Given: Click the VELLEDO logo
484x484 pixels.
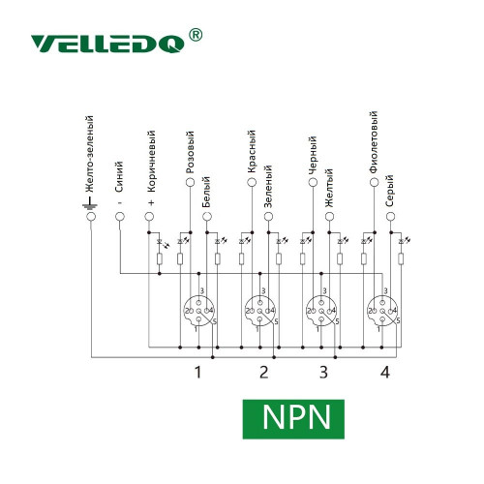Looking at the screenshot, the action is coord(107,44).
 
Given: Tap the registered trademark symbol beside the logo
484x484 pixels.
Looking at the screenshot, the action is coord(195,35).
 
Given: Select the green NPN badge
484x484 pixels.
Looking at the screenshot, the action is coord(293,419).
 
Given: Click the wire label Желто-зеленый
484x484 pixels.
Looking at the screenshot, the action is coord(89,154).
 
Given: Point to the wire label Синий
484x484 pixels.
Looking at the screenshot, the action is coord(119,177).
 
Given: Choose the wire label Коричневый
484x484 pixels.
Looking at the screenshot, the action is coord(151,162).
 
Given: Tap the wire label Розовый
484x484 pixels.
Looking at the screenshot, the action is coord(190,152).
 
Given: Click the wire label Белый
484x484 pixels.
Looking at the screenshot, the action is coord(206,192).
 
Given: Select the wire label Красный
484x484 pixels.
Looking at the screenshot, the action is coord(252,152).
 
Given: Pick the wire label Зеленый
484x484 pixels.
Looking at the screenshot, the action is coord(268,187).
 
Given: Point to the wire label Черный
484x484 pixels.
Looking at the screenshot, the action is coord(313,155).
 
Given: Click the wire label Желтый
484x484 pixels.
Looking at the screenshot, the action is coord(328,189).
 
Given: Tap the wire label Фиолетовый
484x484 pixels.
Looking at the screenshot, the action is coord(374,142).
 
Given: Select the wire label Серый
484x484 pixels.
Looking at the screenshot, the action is coord(389,191).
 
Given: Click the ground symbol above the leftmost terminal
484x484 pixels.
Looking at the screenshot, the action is coord(90,203).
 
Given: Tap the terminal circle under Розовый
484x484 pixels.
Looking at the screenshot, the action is coord(191,182).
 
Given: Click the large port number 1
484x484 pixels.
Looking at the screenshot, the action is coord(198,372).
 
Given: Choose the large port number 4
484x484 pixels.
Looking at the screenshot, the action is coord(385,372).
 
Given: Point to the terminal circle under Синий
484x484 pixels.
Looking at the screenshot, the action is coord(120,216).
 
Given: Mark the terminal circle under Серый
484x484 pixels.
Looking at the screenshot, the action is coord(390,216).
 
